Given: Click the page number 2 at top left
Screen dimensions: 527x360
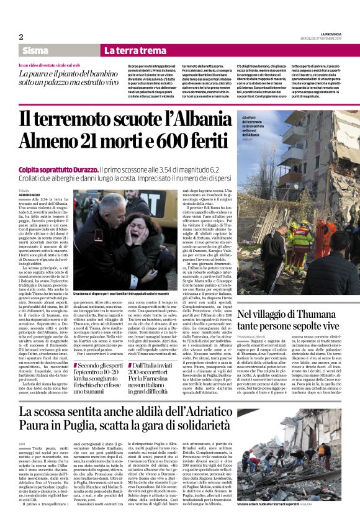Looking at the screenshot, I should click(x=21, y=37).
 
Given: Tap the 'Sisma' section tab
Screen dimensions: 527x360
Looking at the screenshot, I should click(x=36, y=50).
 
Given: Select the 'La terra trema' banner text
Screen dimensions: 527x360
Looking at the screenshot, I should click(x=127, y=50).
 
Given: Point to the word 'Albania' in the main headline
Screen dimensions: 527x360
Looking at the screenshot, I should click(x=196, y=119).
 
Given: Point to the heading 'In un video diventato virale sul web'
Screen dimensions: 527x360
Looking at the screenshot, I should click(x=59, y=65).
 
